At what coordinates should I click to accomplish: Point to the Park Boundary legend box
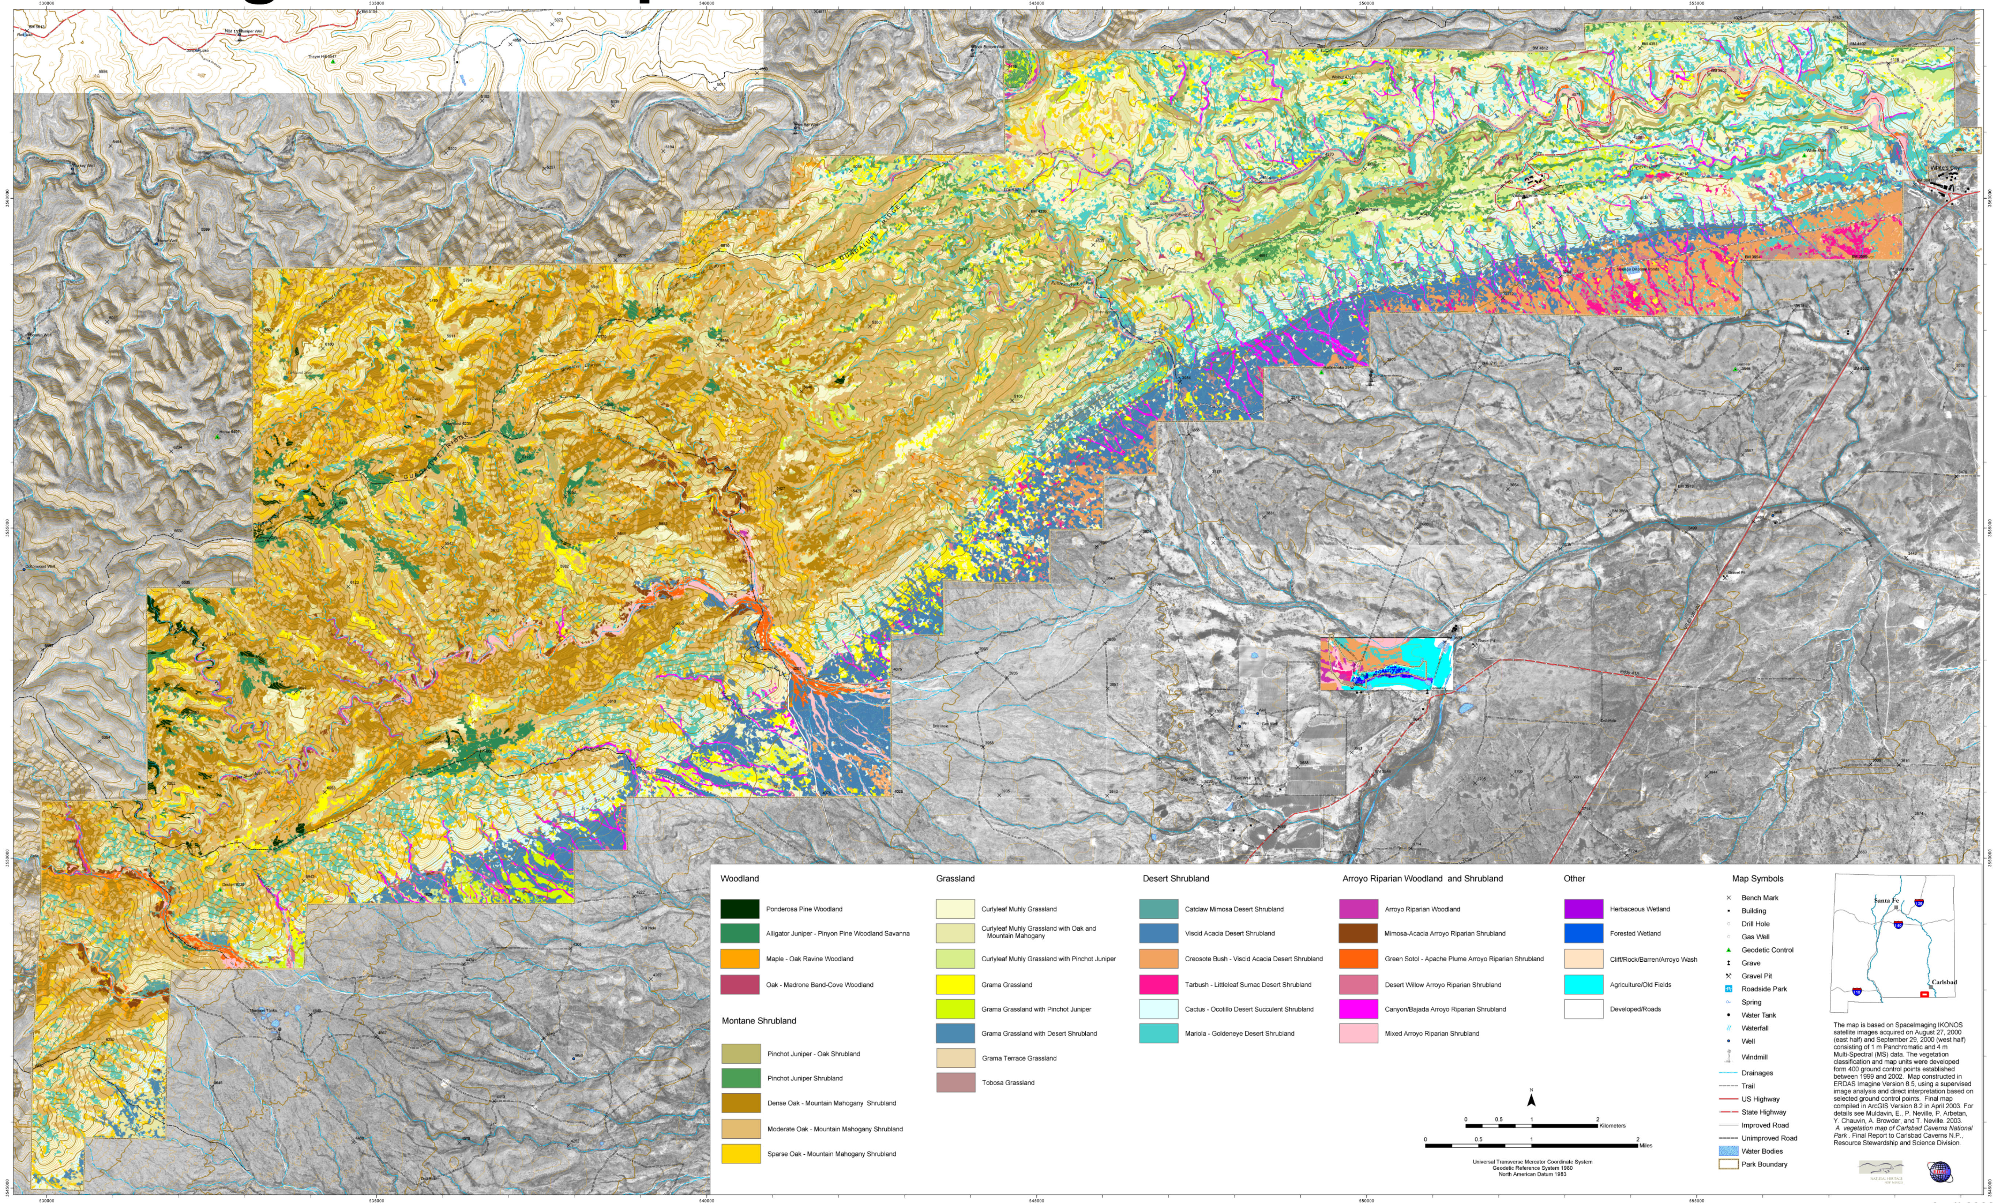(x=1728, y=1164)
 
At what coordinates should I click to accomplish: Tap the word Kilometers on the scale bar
(x=1612, y=1125)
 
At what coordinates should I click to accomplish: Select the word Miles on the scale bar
(x=1645, y=1146)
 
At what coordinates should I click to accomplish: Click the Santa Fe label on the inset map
(x=1886, y=901)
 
